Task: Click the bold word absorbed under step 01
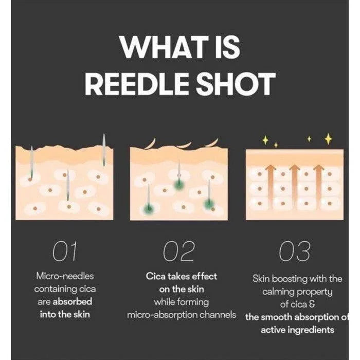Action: [73, 301]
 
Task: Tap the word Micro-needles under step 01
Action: [65, 276]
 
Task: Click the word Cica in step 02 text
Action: [155, 276]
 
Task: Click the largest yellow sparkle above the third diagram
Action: [329, 139]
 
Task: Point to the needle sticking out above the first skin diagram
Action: [104, 149]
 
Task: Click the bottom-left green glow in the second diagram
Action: [148, 207]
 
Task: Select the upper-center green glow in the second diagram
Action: [179, 184]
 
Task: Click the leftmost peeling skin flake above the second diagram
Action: [151, 143]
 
